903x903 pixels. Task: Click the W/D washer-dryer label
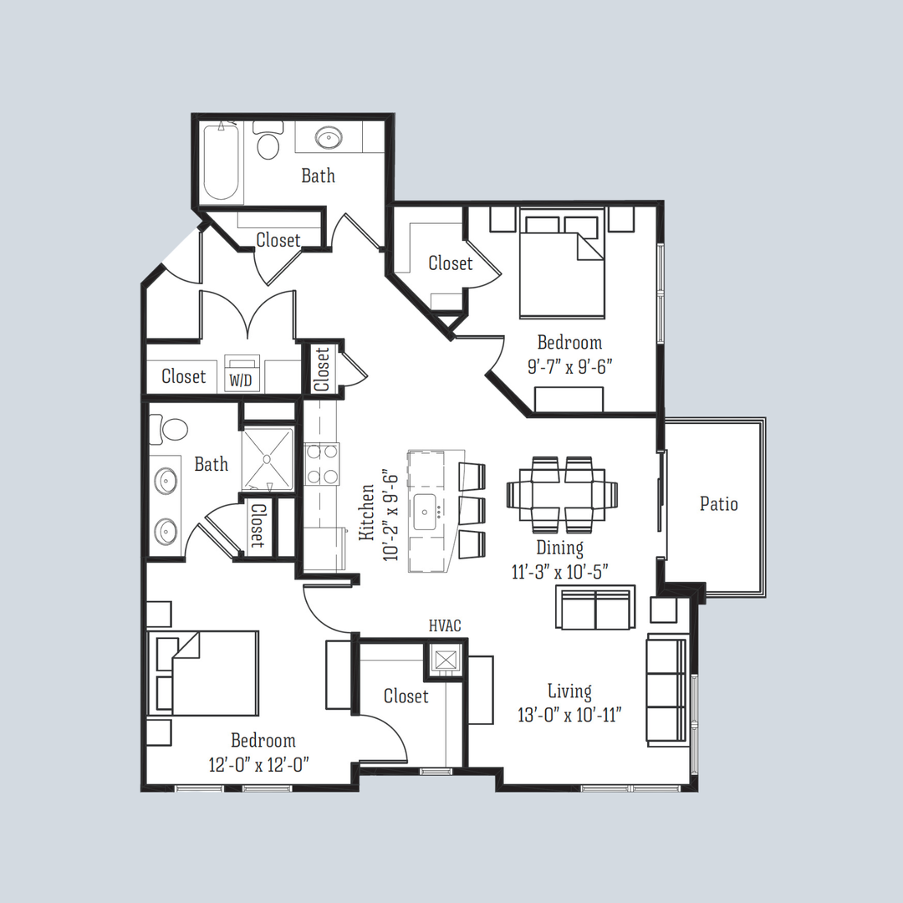(241, 381)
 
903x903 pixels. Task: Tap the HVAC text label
(445, 625)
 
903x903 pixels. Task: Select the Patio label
(719, 503)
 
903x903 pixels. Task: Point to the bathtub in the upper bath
(222, 163)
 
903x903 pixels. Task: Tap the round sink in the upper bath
(326, 138)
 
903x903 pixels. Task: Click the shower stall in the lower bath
(268, 459)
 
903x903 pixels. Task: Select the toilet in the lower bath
(174, 430)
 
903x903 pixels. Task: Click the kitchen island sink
(431, 508)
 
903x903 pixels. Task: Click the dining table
(562, 495)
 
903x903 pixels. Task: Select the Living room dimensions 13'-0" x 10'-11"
(569, 715)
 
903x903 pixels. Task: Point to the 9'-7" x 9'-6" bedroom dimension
(570, 366)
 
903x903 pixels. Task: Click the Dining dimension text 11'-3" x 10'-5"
(561, 572)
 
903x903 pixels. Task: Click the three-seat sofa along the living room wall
(666, 690)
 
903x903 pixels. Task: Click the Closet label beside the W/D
(184, 376)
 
